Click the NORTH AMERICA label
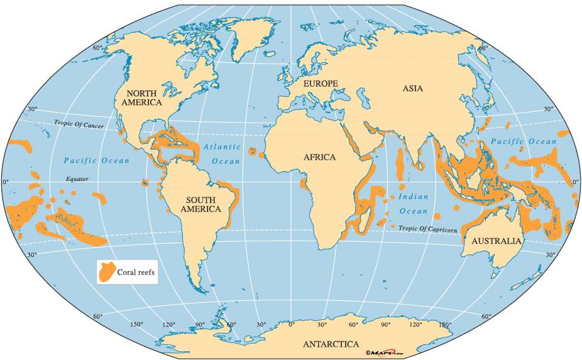pyautogui.click(x=141, y=97)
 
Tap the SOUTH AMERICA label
pyautogui.click(x=200, y=204)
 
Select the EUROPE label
pyautogui.click(x=321, y=84)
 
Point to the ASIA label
pyautogui.click(x=412, y=89)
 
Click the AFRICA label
pyautogui.click(x=319, y=158)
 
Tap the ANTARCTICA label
pyautogui.click(x=331, y=344)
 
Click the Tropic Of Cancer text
pyautogui.click(x=79, y=124)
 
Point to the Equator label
pyautogui.click(x=77, y=179)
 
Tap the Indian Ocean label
pyautogui.click(x=413, y=204)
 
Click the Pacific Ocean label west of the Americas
pyautogui.click(x=96, y=160)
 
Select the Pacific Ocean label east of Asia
pyautogui.click(x=523, y=141)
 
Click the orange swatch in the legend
pyautogui.click(x=106, y=272)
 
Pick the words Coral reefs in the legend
pyautogui.click(x=136, y=273)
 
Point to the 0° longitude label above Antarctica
pyautogui.click(x=290, y=325)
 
